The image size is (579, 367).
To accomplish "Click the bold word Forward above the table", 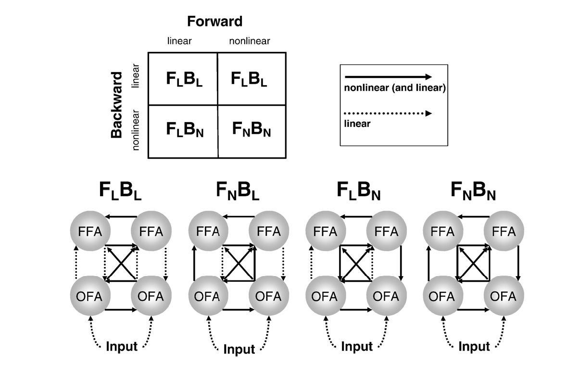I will [214, 22].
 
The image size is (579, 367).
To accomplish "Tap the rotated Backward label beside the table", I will [117, 105].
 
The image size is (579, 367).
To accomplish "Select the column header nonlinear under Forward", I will [249, 41].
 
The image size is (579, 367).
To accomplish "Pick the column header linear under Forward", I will [179, 41].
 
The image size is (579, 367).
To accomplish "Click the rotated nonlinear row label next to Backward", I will [136, 130].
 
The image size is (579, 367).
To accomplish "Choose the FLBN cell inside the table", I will [185, 130].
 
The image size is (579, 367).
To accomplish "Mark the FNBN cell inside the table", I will [251, 130].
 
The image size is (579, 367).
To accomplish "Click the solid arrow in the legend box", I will [389, 76].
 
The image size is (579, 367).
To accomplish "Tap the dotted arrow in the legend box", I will [389, 114].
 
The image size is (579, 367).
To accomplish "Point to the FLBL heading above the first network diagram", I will [120, 192].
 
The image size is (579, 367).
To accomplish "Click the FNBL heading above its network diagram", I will [238, 192].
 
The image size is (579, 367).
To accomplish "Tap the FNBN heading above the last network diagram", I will [473, 192].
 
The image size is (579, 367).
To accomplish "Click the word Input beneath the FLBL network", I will [121, 346].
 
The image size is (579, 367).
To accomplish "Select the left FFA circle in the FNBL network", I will [208, 231].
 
